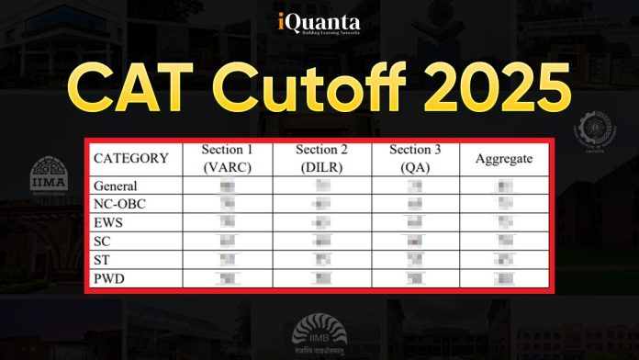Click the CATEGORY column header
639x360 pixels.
[x=131, y=158]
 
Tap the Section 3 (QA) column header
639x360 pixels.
[x=415, y=158]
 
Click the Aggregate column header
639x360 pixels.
[x=504, y=158]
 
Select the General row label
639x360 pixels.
[x=116, y=186]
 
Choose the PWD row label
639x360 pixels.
[x=110, y=276]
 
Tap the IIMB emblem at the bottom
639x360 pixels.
[x=319, y=333]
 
